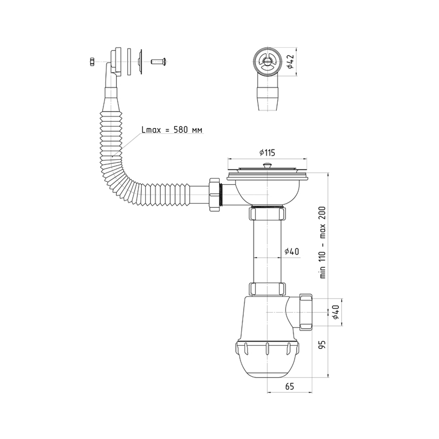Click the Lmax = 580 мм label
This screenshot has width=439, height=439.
coord(172,130)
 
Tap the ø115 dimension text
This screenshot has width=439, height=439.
coord(267,153)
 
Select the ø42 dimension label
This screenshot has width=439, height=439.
coord(290,62)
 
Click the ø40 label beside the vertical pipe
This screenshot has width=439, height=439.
coord(292,251)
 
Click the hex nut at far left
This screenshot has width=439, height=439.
coord(91,62)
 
